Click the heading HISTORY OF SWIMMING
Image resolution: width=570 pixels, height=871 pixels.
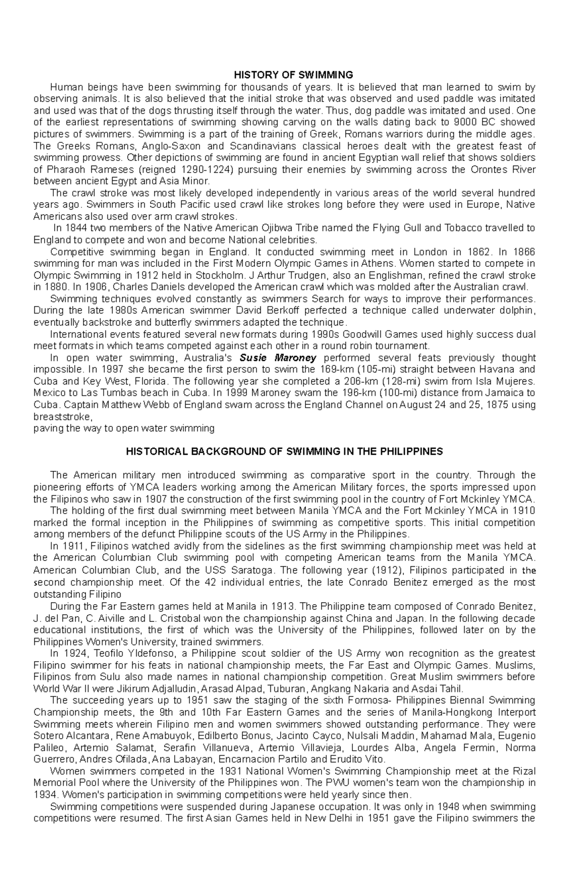click(x=293, y=75)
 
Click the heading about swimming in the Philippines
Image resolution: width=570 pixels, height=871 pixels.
click(x=284, y=451)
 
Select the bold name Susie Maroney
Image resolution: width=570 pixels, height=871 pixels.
click(x=274, y=358)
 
